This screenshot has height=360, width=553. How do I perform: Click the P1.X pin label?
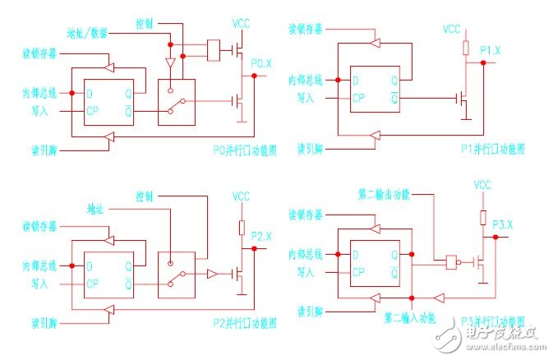(491, 52)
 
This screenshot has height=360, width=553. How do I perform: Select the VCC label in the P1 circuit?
(452, 29)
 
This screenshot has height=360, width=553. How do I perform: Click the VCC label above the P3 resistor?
(483, 187)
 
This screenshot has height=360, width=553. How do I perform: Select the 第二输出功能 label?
(383, 195)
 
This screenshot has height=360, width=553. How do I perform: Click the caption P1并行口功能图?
(492, 149)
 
